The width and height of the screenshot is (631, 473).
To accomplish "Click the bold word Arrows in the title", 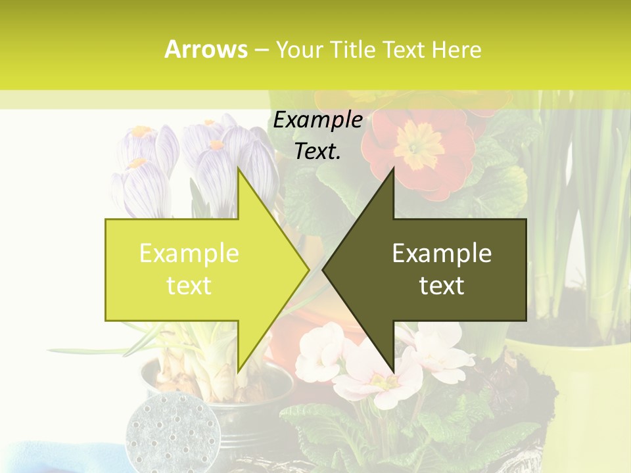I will point(206,49).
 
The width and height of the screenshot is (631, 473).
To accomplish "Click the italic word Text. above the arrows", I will point(317,151).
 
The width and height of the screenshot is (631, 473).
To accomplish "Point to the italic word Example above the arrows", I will point(317,120).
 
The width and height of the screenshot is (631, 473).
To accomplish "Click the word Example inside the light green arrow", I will point(189,254).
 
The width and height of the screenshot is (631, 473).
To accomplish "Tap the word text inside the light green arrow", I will point(189,285).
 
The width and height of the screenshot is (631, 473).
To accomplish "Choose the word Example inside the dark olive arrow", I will point(442,254).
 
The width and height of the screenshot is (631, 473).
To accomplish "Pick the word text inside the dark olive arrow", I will point(442,285).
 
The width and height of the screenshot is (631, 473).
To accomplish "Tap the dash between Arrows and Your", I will point(261,49).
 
